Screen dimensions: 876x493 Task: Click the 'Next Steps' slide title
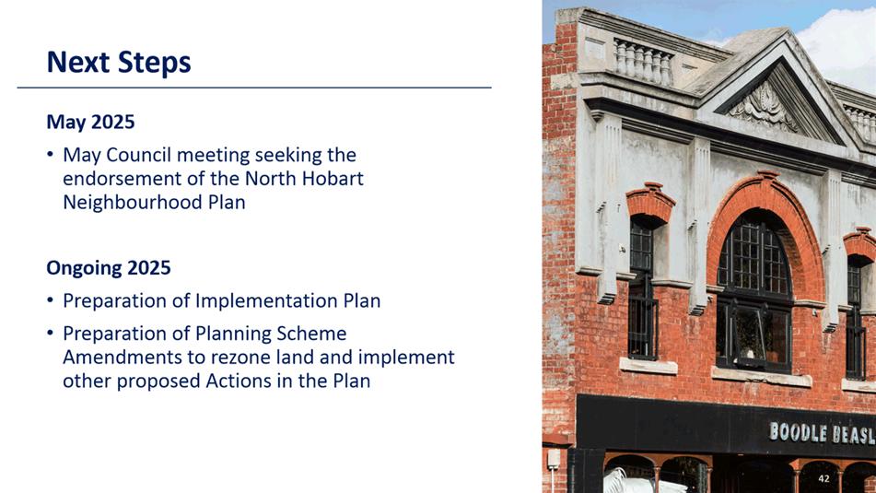(x=119, y=63)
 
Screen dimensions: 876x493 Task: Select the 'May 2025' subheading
(x=90, y=122)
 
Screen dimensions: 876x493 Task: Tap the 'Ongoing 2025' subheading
(x=109, y=268)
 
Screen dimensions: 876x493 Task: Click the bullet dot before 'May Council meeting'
(x=51, y=154)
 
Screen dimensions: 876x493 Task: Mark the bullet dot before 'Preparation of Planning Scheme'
(x=51, y=334)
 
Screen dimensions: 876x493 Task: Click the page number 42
(x=823, y=478)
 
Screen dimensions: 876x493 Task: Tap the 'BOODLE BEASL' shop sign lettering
(x=823, y=433)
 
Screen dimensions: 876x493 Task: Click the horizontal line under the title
(x=254, y=88)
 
